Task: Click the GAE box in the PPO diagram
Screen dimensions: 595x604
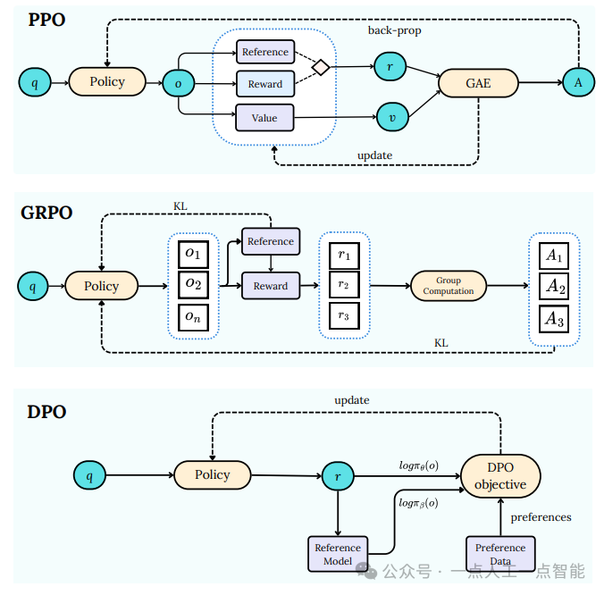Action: [x=478, y=84]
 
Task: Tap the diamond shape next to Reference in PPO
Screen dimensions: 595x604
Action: [x=320, y=66]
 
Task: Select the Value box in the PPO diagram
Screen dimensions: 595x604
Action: [x=264, y=118]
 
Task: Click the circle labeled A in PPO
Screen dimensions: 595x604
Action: [x=578, y=82]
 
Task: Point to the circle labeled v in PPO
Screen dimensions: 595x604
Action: [x=390, y=116]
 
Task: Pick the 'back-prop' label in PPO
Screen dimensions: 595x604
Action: [x=394, y=30]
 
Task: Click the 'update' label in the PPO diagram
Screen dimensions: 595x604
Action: [x=374, y=155]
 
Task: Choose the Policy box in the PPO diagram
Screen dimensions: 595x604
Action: [x=107, y=82]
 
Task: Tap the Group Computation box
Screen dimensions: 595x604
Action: [x=449, y=286]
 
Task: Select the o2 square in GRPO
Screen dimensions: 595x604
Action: [x=193, y=285]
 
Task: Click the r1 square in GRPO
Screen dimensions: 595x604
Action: [x=344, y=256]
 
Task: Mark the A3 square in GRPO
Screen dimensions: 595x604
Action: [x=555, y=318]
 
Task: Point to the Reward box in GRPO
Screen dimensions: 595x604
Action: [x=270, y=286]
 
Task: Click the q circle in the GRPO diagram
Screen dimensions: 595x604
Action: [x=33, y=287]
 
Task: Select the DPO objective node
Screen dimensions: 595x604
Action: [x=500, y=476]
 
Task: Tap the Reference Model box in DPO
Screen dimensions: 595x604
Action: [x=338, y=554]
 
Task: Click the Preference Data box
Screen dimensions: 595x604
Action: [x=500, y=554]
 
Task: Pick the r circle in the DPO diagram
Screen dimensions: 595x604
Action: [x=338, y=476]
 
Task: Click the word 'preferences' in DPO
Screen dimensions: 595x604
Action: [x=541, y=517]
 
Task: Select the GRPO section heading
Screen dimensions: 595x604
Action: [x=46, y=214]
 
